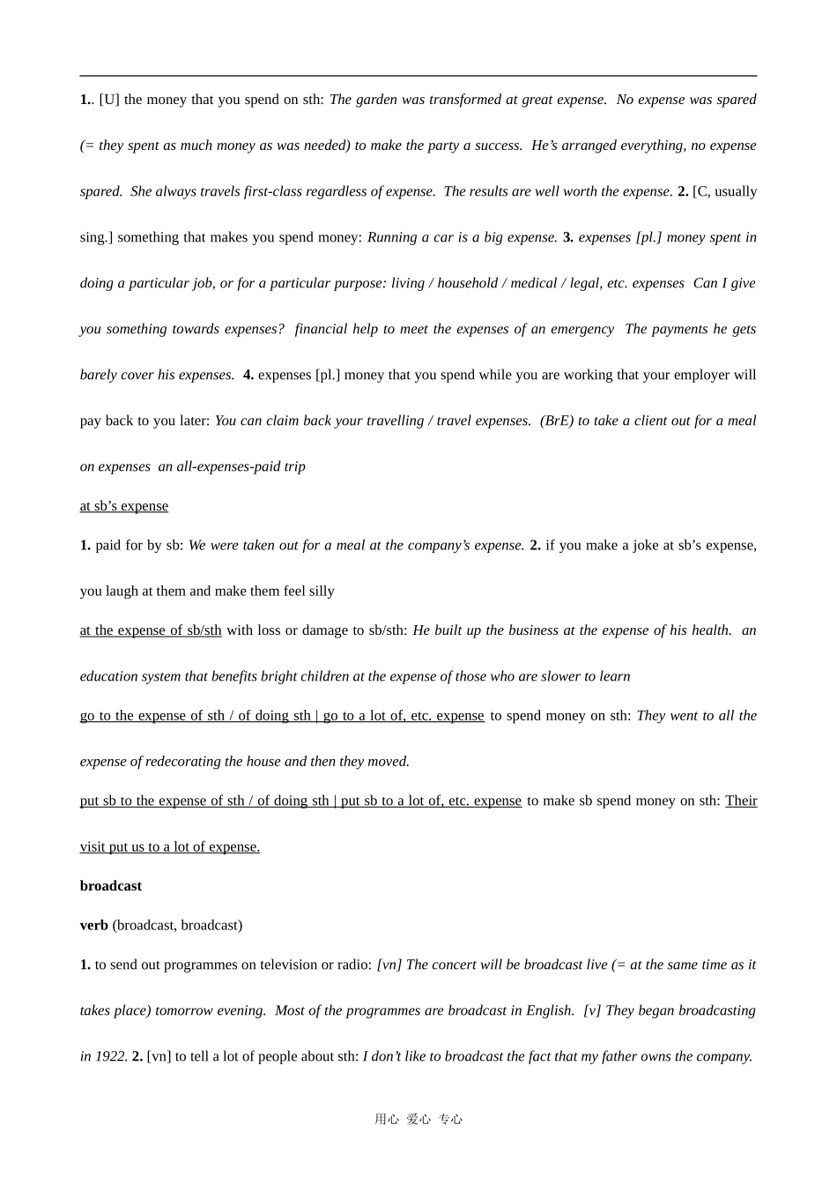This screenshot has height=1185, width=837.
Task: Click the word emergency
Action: pyautogui.click(x=582, y=329)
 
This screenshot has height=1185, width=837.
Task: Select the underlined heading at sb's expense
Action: pyautogui.click(x=124, y=506)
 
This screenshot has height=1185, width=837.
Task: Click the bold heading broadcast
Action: pyautogui.click(x=111, y=886)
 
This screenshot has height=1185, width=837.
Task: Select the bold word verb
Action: pyautogui.click(x=94, y=925)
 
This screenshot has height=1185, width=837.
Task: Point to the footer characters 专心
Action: pyautogui.click(x=450, y=1120)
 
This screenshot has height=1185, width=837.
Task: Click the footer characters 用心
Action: pyautogui.click(x=387, y=1120)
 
